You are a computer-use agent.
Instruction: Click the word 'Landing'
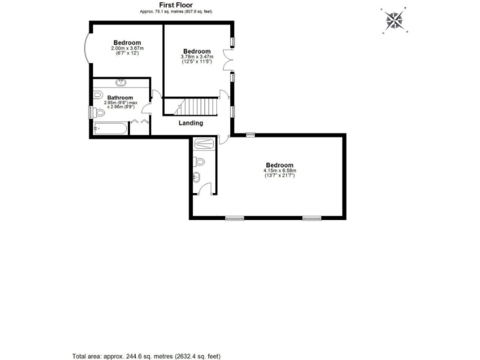point(191,122)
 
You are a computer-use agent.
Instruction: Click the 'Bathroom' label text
point(120,97)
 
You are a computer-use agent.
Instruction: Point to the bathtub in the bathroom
point(110,129)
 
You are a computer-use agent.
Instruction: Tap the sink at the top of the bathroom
point(120,82)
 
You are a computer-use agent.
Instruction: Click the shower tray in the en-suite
point(204,143)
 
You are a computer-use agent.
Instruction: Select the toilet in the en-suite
point(199,162)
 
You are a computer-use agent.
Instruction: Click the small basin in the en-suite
point(197,176)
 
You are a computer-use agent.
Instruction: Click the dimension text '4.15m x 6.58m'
point(279,171)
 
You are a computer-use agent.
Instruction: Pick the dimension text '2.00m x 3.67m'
point(127,48)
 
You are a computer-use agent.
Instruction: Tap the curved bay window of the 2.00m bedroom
point(87,48)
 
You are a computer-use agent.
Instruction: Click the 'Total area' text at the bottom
point(146,356)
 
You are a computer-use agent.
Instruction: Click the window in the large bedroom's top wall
point(249,134)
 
